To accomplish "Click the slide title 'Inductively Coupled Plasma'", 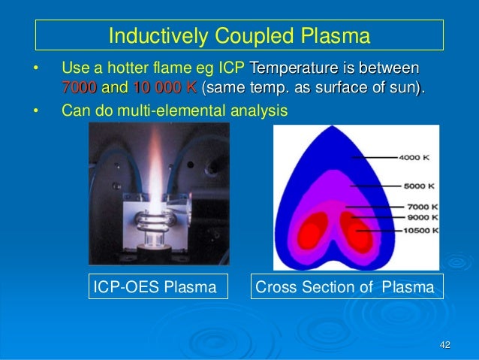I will click(x=239, y=35).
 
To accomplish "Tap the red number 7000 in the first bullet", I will click(x=79, y=87).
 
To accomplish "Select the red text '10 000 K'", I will click(x=165, y=87).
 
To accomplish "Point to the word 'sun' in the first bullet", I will click(x=402, y=87).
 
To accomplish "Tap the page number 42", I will click(x=444, y=345).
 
